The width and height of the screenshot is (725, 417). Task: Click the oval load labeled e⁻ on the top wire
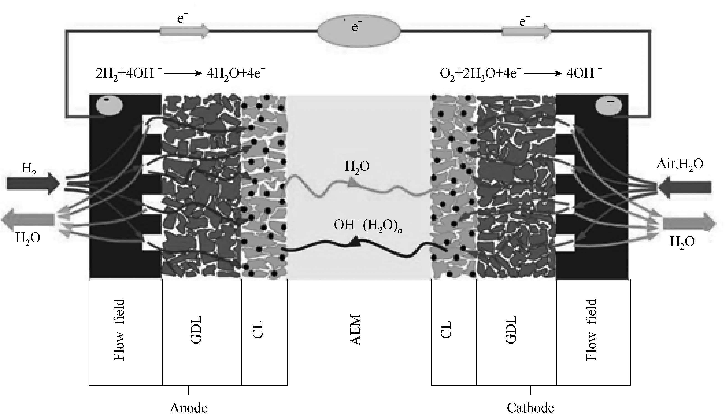click(x=359, y=31)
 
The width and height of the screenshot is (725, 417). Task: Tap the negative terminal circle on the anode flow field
click(x=109, y=106)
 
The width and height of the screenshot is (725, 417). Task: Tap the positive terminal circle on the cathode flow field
click(x=608, y=106)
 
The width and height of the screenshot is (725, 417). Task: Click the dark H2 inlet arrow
click(x=33, y=183)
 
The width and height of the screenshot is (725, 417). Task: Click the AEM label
click(x=356, y=330)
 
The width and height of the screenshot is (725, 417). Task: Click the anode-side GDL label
click(x=196, y=330)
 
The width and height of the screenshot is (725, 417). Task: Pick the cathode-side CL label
click(x=446, y=330)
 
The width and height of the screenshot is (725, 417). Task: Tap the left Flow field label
click(x=119, y=330)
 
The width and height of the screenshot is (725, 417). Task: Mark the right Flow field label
click(x=591, y=330)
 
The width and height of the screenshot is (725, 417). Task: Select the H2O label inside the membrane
click(x=357, y=166)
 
